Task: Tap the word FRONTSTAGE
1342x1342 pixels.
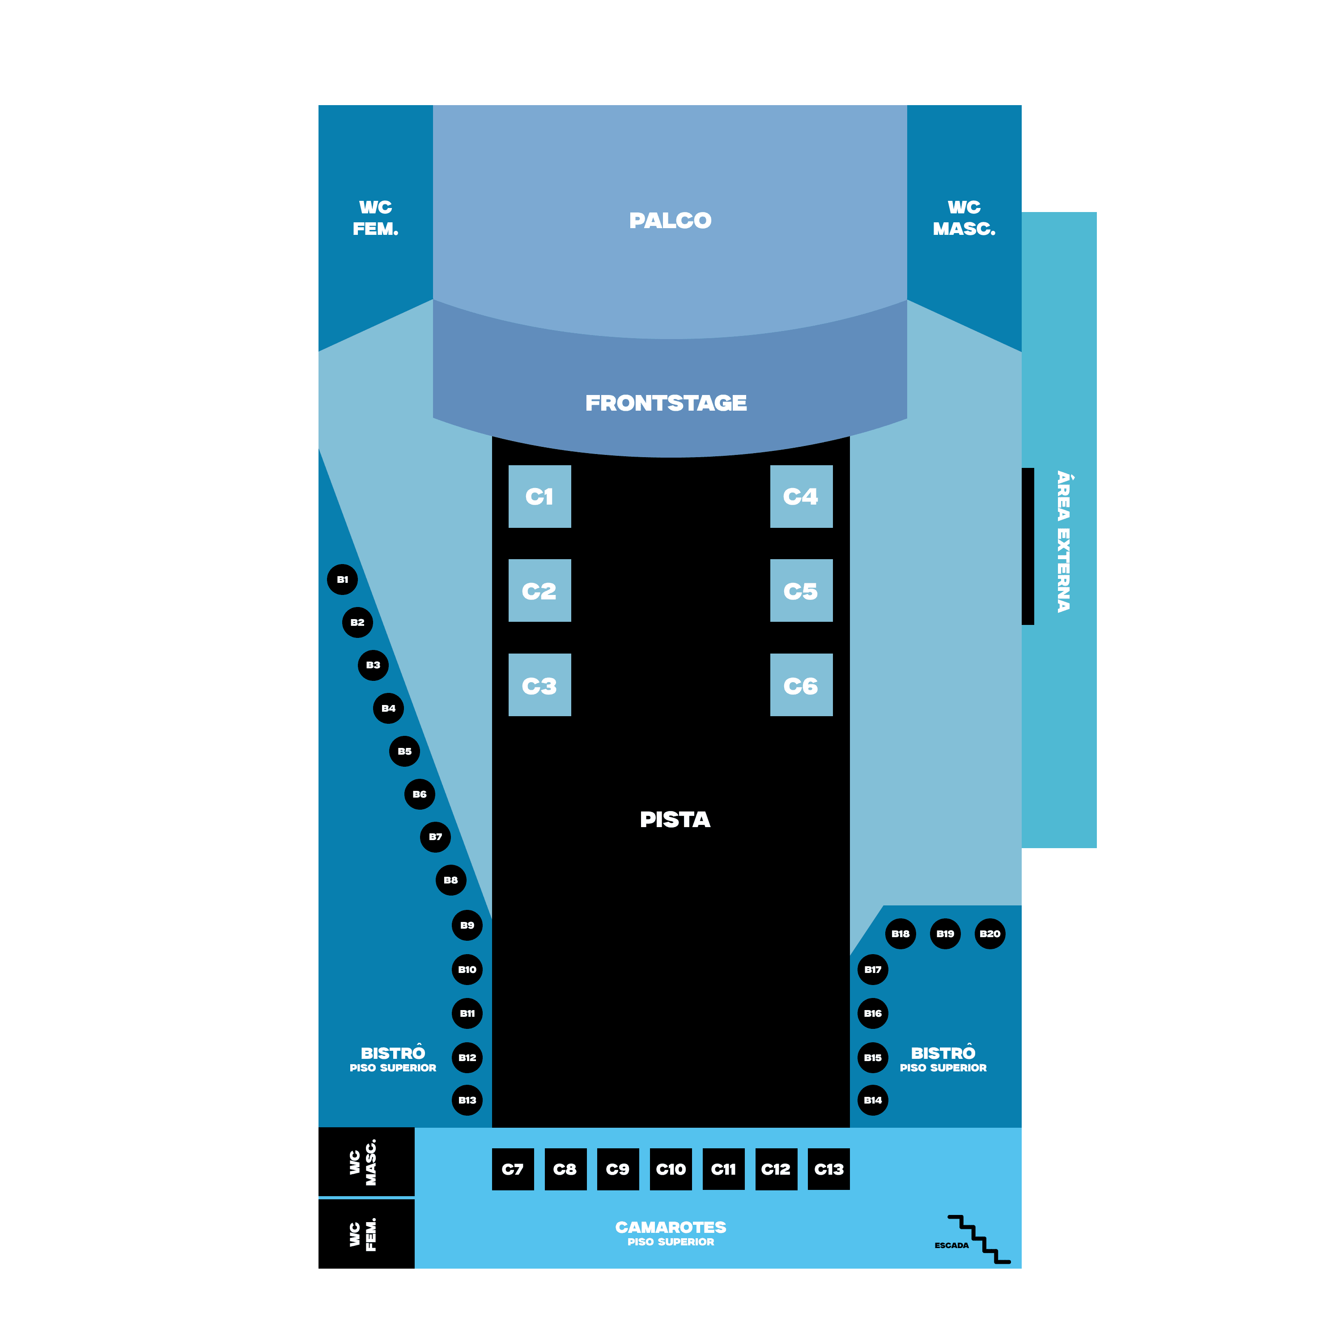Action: (666, 403)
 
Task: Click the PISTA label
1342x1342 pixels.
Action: (675, 820)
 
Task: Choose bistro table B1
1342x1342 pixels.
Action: (343, 579)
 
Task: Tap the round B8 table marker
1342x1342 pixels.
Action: (451, 880)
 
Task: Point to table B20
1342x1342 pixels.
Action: (990, 934)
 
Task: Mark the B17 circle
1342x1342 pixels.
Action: (872, 970)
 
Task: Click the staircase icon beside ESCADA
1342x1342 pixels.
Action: (979, 1239)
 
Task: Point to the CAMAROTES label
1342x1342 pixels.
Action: (670, 1228)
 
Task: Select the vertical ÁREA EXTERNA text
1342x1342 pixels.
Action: (1063, 542)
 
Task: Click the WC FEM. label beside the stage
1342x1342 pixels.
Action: (375, 217)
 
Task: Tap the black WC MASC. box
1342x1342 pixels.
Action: (366, 1162)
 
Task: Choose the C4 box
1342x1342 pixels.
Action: (801, 496)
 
